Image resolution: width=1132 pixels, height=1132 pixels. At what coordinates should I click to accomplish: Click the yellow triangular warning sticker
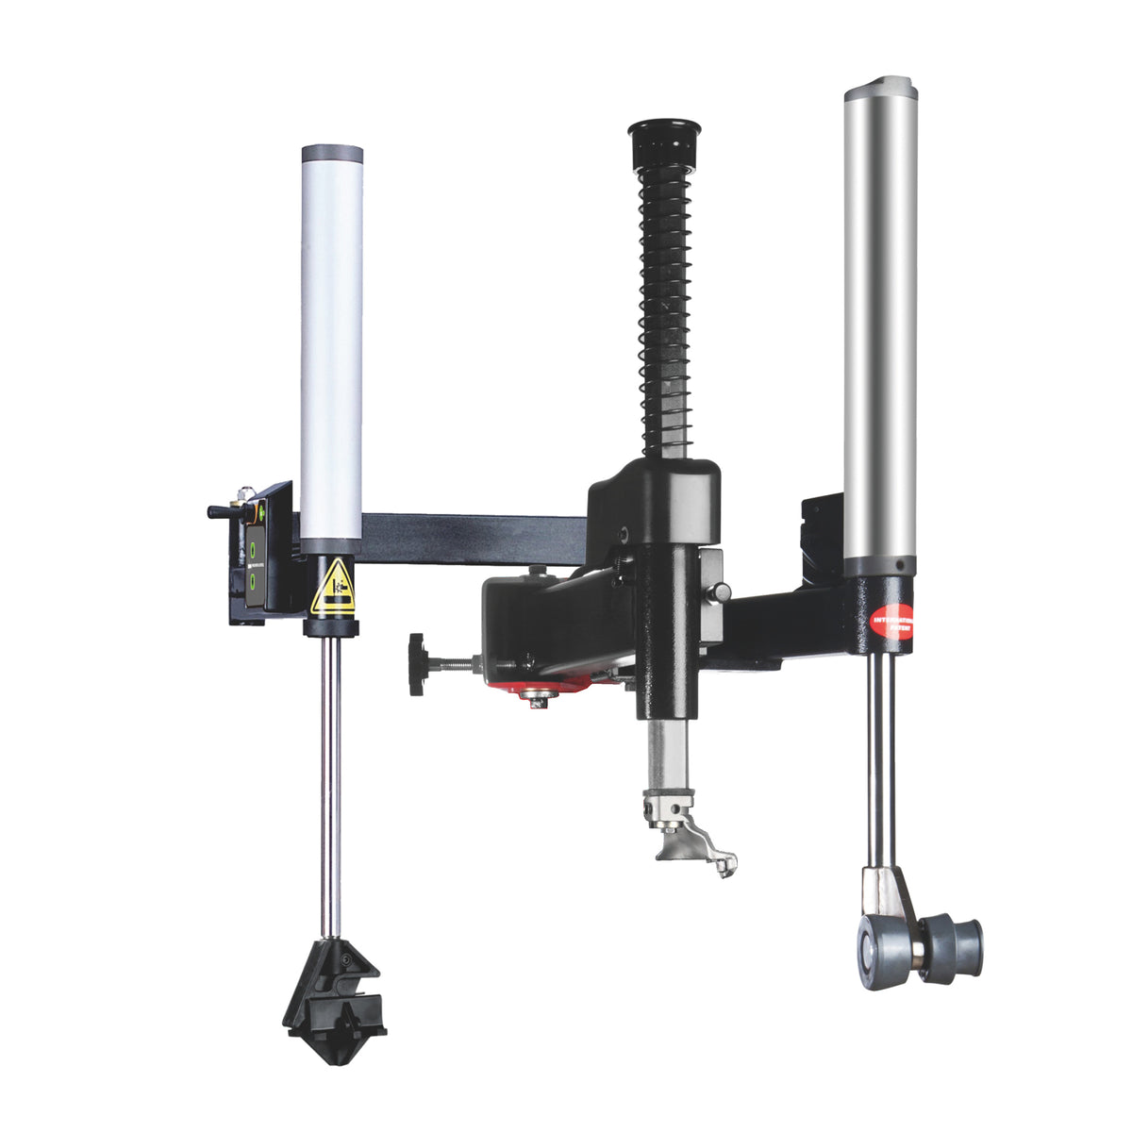[x=333, y=587]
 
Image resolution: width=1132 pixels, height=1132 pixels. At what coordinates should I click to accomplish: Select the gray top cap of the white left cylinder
[x=332, y=155]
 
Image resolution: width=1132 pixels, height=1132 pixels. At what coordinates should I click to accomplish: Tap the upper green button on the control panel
[x=254, y=546]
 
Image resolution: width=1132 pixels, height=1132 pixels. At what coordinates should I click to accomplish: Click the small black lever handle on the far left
[x=223, y=511]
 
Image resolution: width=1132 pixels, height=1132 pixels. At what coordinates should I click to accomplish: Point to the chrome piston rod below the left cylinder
[x=329, y=774]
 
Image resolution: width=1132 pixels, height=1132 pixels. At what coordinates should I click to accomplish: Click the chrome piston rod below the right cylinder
[x=880, y=755]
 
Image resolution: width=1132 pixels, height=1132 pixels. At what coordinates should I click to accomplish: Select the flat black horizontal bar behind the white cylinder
[x=472, y=539]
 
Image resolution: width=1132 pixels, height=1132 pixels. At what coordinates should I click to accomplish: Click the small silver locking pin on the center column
[x=720, y=591]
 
